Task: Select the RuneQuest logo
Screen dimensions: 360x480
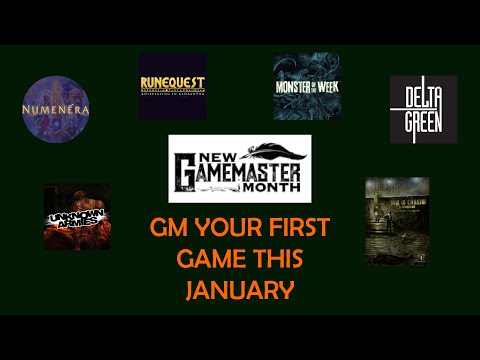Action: (173, 86)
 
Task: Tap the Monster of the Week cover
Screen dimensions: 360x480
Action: (306, 86)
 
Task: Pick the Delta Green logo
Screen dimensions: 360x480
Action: (423, 109)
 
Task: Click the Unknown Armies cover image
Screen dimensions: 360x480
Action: (77, 216)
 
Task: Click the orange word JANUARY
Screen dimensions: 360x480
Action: (239, 291)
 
